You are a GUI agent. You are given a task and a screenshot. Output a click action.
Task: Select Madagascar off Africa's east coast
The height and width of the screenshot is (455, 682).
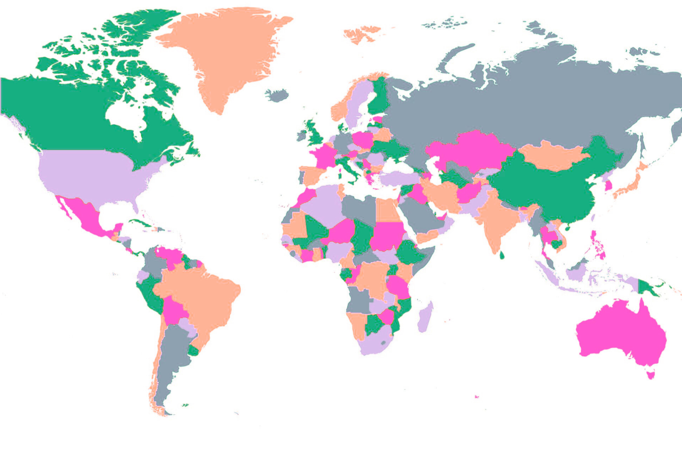pos(425,316)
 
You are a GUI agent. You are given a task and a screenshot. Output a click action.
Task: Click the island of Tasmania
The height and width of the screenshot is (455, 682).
pos(650,375)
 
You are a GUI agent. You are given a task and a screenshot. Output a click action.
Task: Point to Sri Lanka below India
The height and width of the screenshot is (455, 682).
pos(502,255)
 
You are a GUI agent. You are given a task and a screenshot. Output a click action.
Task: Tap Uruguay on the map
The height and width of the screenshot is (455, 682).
pos(194,351)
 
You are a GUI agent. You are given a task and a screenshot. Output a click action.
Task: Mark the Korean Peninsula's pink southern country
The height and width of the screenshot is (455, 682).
pos(608,185)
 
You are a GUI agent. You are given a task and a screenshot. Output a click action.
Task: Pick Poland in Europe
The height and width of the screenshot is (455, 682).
pos(363,139)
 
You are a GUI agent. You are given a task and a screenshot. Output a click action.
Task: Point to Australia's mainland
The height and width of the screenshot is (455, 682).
pos(618,330)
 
